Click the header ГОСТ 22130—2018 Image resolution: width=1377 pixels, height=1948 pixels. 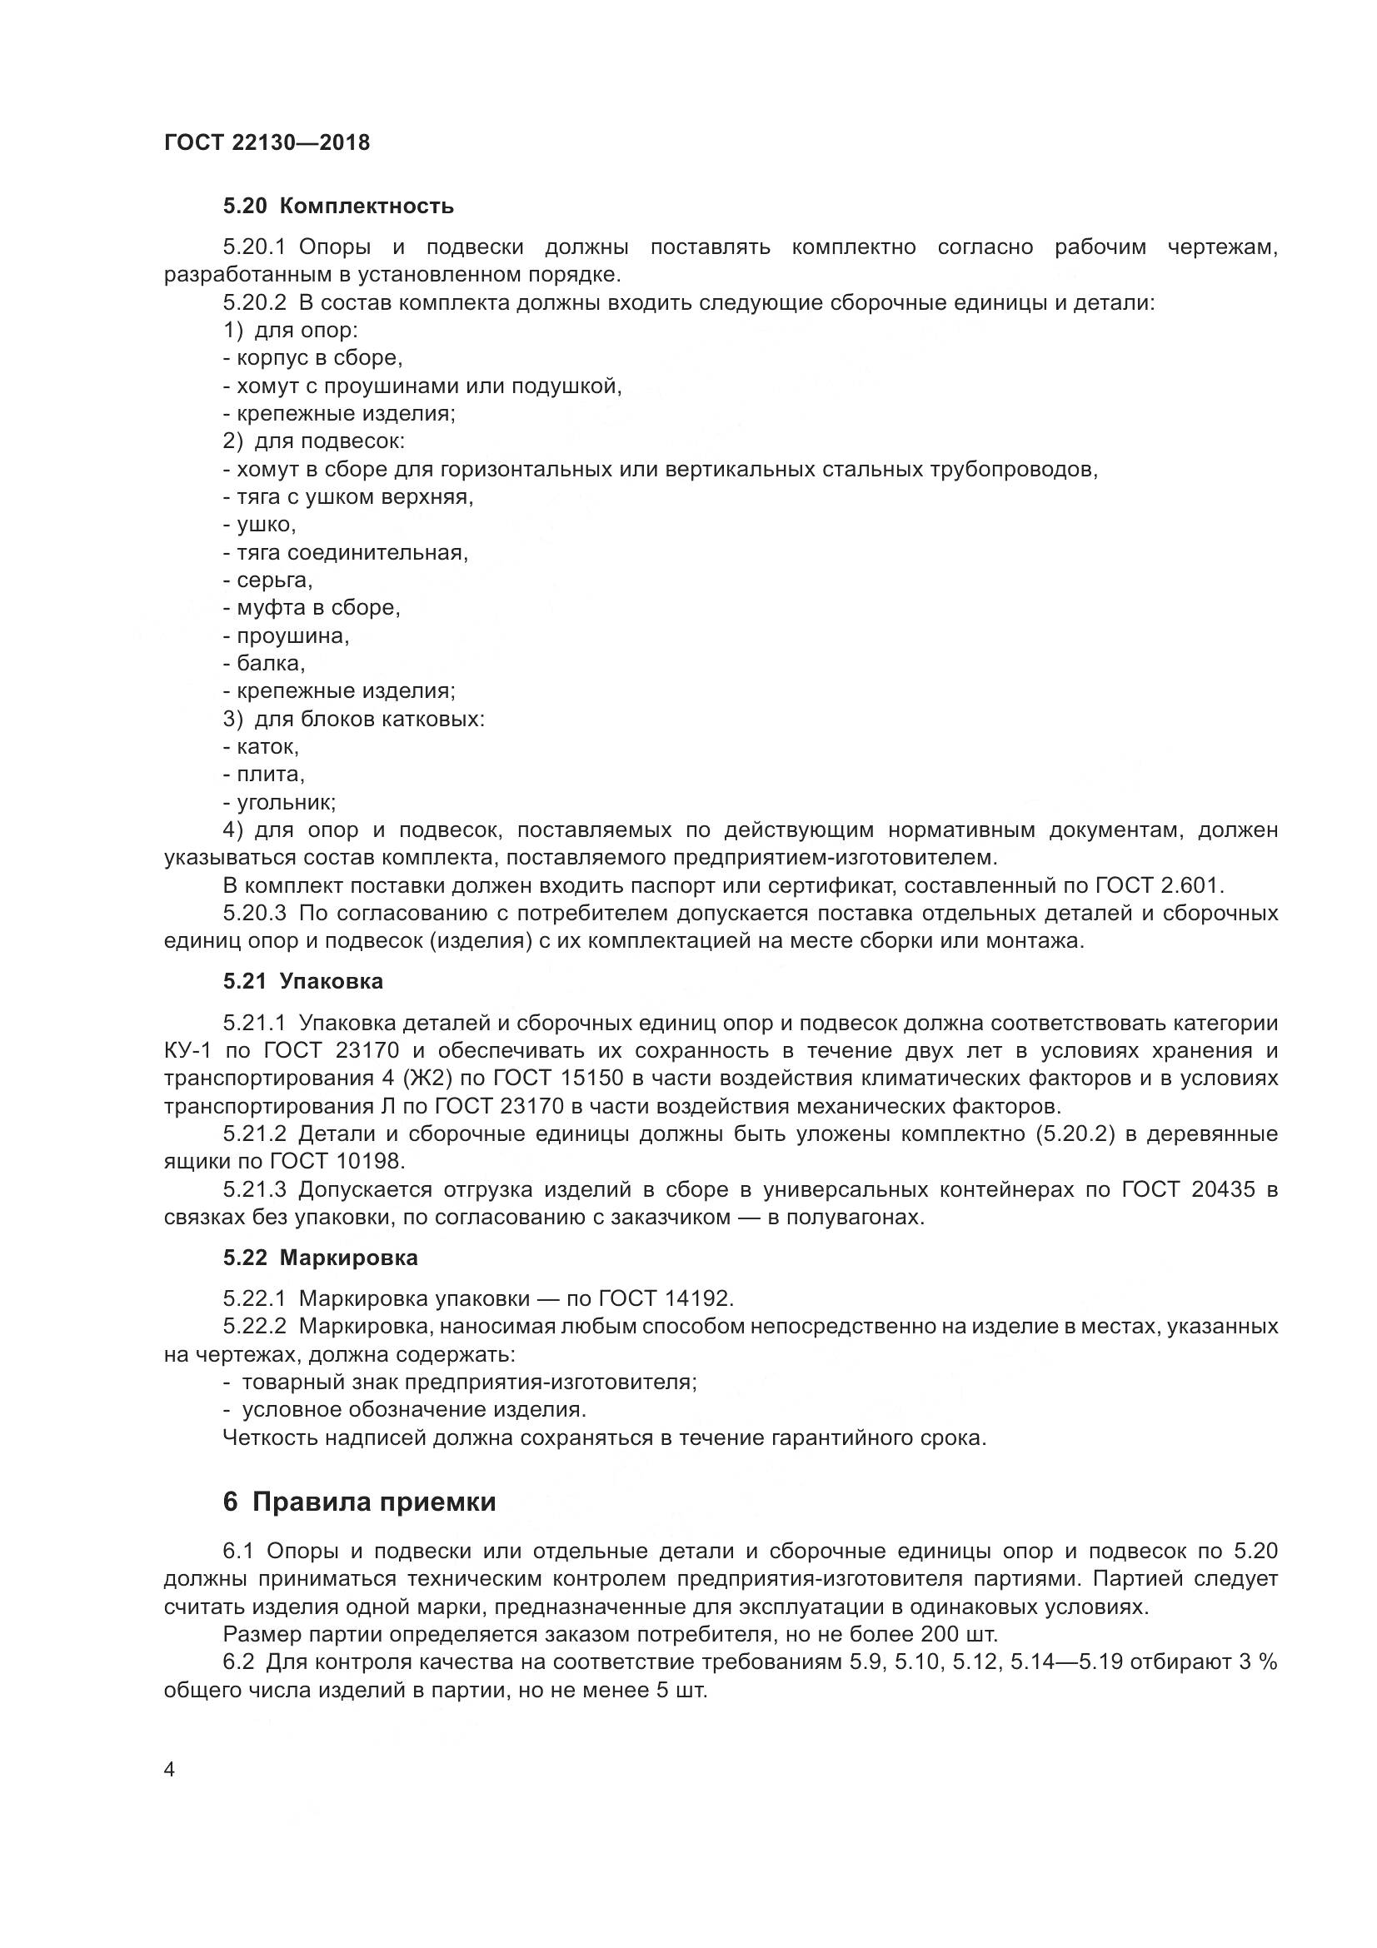pos(267,142)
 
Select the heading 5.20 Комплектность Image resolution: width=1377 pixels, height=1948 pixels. pos(338,207)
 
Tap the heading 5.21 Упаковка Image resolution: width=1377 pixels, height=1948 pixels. pos(303,982)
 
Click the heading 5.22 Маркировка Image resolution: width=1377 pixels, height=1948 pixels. pos(321,1258)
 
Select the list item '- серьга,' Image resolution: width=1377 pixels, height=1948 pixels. pos(268,581)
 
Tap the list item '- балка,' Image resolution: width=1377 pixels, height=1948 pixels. pos(264,664)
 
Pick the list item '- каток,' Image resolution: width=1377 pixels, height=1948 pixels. pos(262,747)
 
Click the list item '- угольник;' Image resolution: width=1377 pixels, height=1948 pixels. pos(279,803)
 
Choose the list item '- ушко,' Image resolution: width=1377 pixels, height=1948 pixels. pos(260,526)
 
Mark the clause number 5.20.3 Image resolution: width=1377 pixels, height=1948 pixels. pos(256,914)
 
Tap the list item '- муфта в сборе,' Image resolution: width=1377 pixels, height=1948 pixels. pos(312,608)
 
